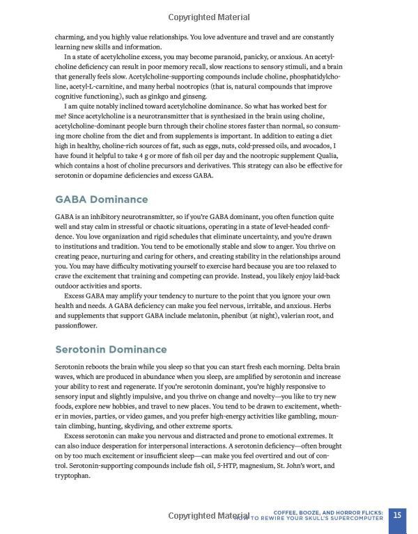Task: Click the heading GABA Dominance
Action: pyautogui.click(x=101, y=200)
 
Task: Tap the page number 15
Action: pyautogui.click(x=397, y=515)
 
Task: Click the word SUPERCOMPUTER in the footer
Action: pyautogui.click(x=354, y=519)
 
